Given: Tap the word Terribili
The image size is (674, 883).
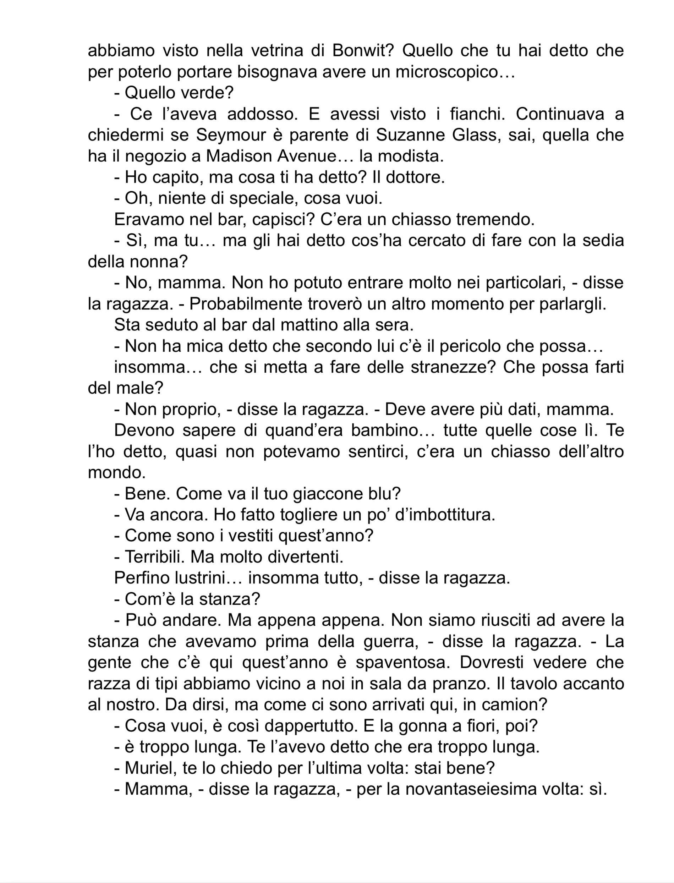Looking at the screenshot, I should tap(155, 557).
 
